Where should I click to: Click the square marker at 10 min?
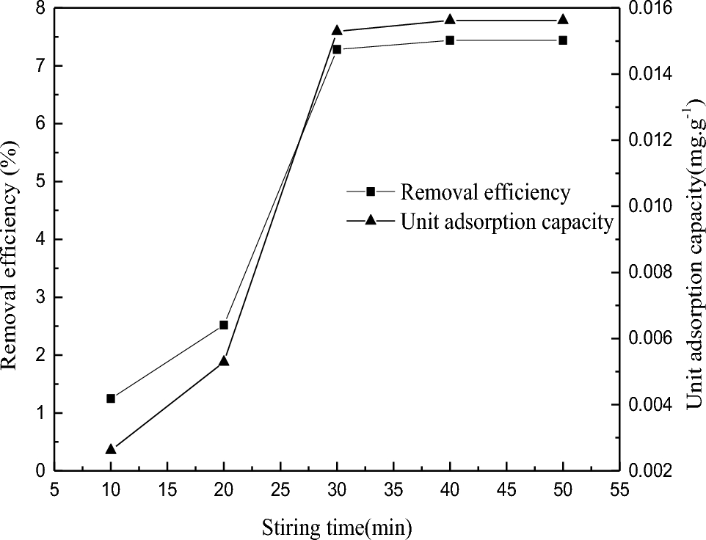(111, 398)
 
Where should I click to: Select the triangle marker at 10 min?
(111, 449)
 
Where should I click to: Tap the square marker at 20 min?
(224, 325)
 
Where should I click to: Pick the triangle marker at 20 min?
(224, 361)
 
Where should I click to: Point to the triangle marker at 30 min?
(337, 31)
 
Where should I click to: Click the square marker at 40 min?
(450, 40)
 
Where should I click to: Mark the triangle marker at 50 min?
(563, 20)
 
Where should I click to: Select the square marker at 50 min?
(563, 40)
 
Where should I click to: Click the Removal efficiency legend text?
(485, 192)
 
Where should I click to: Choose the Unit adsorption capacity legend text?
(506, 222)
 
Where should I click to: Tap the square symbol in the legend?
(371, 191)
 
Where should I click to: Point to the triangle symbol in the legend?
(371, 221)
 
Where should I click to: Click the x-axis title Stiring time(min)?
(338, 525)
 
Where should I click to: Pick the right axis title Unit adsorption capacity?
(694, 257)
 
